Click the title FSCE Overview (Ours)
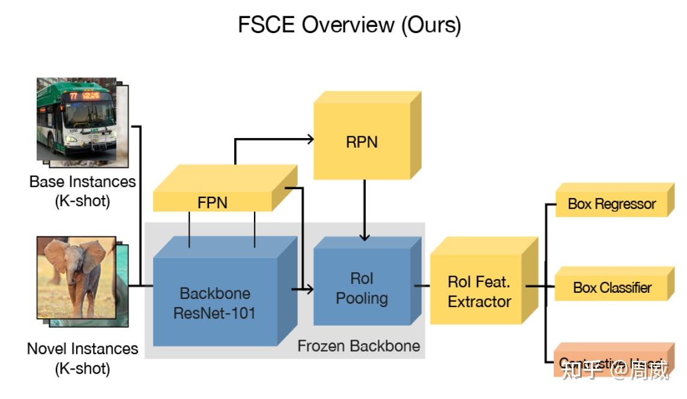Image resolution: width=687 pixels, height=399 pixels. click(350, 25)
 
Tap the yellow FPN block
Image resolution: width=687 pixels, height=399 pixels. click(213, 202)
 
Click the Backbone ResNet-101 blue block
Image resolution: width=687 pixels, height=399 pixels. click(214, 302)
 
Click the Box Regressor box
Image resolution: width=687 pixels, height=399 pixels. click(611, 204)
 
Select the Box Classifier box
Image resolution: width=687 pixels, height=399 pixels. click(611, 287)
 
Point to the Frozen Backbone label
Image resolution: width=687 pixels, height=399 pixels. click(359, 346)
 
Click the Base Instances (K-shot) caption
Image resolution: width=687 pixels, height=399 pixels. click(82, 190)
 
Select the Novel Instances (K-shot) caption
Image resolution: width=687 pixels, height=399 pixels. click(82, 358)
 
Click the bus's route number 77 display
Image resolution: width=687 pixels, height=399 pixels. click(74, 95)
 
